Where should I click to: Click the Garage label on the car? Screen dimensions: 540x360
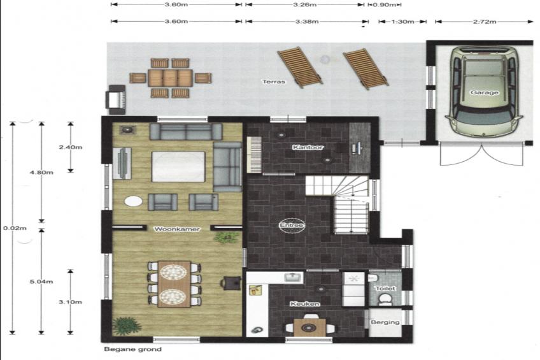click(484, 92)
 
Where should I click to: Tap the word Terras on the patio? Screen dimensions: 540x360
click(274, 82)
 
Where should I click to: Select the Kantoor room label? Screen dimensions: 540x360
click(308, 147)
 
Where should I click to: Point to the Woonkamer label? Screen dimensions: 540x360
click(176, 229)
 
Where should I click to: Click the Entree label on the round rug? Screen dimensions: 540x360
click(292, 226)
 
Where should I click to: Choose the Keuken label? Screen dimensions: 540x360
click(305, 304)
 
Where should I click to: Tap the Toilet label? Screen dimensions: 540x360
click(385, 289)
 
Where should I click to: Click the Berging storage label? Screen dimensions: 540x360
click(385, 322)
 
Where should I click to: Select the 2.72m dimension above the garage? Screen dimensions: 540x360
click(485, 22)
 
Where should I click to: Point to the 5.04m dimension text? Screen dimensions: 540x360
click(41, 282)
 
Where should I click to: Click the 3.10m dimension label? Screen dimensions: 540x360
click(70, 302)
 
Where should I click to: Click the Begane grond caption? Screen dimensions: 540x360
click(132, 349)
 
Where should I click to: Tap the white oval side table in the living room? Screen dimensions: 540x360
click(133, 201)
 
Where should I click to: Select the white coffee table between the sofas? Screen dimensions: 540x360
click(178, 166)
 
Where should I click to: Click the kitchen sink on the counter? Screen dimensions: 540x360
click(294, 277)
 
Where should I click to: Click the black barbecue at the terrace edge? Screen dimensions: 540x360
click(117, 99)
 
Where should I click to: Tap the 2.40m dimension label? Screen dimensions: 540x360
click(70, 147)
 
